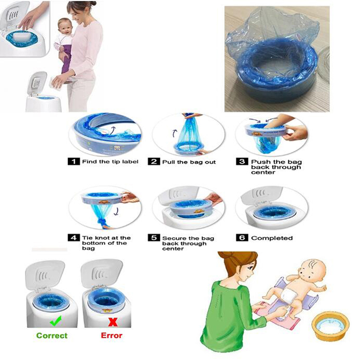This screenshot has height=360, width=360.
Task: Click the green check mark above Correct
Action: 56,321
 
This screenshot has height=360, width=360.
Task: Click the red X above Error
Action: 113,322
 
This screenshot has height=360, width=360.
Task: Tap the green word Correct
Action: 52,335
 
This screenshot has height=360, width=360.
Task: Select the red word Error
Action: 112,335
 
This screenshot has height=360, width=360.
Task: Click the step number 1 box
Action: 74,162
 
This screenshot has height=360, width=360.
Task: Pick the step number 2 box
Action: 154,162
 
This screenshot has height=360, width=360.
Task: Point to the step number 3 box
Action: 242,162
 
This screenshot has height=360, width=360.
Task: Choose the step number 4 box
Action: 74,238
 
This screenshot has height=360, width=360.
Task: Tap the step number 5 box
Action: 154,238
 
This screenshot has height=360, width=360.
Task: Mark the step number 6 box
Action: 242,238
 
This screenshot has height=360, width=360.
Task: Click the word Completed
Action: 272,238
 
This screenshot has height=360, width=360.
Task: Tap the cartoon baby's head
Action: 312,270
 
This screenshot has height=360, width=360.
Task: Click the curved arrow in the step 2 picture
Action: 175,133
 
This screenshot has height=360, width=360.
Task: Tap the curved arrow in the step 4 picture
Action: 117,211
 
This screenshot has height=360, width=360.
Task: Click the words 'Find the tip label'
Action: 110,162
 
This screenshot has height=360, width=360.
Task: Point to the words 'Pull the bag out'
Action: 189,162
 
